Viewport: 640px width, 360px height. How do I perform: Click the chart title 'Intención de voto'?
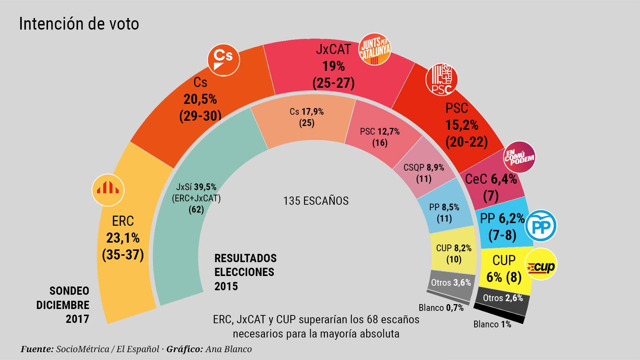79,24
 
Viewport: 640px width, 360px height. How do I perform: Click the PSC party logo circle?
442,79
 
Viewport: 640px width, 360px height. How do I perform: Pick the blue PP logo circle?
540,226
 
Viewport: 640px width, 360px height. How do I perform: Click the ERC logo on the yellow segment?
108,190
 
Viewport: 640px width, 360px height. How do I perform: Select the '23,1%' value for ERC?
123,238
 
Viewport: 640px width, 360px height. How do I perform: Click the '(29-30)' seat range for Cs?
200,116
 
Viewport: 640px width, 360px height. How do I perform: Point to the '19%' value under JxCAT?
334,66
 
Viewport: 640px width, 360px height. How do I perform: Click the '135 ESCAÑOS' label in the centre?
316,201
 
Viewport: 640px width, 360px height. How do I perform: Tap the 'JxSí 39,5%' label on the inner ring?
196,187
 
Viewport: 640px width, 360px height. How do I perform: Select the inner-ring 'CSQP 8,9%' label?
424,168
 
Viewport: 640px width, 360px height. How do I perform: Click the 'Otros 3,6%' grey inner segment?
451,283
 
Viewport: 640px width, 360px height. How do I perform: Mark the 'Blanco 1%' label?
492,324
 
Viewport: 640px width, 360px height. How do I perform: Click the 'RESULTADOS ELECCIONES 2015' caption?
245,272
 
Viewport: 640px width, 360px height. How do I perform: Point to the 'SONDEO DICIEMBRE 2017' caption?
63,305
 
